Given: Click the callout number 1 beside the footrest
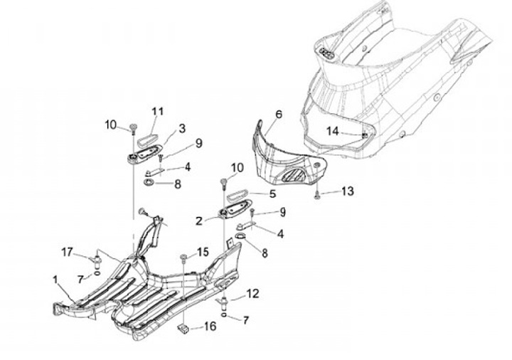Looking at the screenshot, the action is pos(55,280).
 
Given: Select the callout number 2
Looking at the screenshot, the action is pos(199,221).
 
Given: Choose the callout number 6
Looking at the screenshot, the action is pos(277,114).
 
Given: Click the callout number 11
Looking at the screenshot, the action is pos(156,111).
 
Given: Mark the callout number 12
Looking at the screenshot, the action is pos(252,293).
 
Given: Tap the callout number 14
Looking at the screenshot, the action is pos(333,131).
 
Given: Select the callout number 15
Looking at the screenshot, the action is pos(203,252).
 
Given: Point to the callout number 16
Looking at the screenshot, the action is pos(209,327).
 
